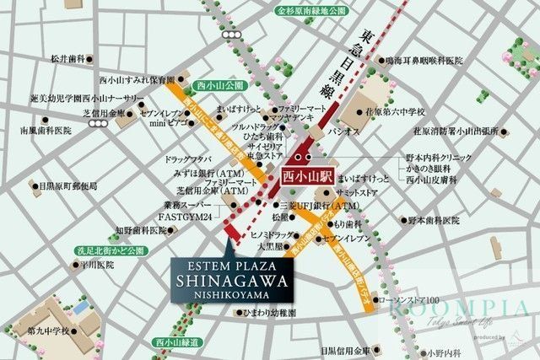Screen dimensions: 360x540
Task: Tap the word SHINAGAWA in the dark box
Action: (232, 282)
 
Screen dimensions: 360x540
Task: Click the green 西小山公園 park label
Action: (218, 86)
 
